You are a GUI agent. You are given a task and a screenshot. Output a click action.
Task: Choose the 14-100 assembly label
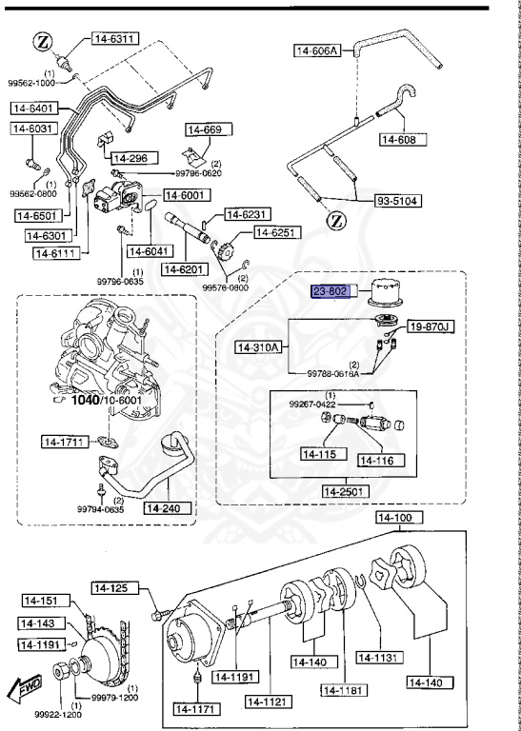pos(397,519)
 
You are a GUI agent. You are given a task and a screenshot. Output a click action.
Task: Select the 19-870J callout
pos(431,327)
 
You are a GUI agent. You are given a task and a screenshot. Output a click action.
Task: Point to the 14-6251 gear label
pos(274,232)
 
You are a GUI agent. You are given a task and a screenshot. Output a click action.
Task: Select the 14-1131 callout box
pos(378,656)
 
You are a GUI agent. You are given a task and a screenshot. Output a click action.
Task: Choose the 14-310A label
pos(258,347)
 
